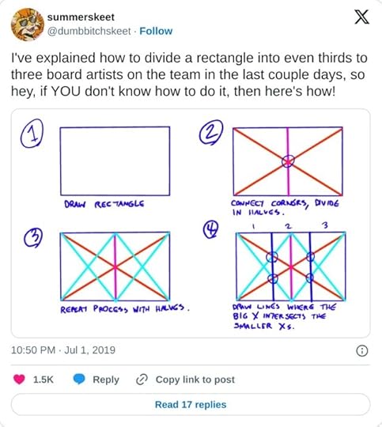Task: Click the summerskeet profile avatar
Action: pyautogui.click(x=26, y=24)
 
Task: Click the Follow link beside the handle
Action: pyautogui.click(x=157, y=31)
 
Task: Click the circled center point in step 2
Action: pyautogui.click(x=289, y=161)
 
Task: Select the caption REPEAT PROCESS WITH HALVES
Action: pyautogui.click(x=127, y=309)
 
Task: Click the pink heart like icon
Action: pyautogui.click(x=19, y=380)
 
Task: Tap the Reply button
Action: pyautogui.click(x=96, y=380)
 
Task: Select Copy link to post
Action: pyautogui.click(x=186, y=380)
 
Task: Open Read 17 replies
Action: pyautogui.click(x=191, y=404)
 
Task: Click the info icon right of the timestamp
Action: pyautogui.click(x=361, y=350)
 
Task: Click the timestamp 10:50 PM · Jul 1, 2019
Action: pyautogui.click(x=62, y=350)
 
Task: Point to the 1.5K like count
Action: pyautogui.click(x=43, y=380)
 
